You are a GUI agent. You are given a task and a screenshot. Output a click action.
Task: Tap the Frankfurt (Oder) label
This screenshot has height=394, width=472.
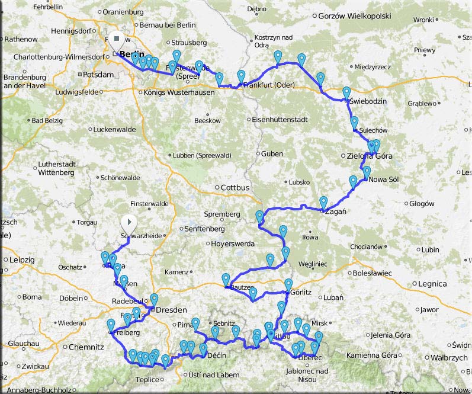[268, 85]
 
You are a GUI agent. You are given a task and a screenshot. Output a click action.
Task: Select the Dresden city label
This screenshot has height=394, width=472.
[171, 310]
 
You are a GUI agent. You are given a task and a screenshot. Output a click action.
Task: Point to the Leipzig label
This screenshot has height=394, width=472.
[23, 260]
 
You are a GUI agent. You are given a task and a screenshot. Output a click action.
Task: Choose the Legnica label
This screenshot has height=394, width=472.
[432, 284]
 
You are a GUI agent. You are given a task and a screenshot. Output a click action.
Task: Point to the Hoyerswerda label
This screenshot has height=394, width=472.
[233, 244]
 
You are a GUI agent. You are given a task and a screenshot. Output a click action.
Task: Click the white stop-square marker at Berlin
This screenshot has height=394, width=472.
[117, 40]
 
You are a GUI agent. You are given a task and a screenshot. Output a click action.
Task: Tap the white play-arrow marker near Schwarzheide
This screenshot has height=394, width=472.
[129, 223]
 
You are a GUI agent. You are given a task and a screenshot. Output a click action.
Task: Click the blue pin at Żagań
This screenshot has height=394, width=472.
[323, 202]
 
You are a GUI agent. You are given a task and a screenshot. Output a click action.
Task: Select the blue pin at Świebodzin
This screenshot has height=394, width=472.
[346, 93]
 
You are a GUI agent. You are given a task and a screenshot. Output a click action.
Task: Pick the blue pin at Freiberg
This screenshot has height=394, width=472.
[111, 325]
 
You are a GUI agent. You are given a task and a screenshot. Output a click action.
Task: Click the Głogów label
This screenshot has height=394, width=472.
[422, 204]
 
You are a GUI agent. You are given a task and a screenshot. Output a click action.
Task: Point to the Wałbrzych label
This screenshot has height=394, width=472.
[448, 358]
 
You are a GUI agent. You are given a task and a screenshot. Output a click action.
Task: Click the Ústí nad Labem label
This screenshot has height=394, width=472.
[215, 374]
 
